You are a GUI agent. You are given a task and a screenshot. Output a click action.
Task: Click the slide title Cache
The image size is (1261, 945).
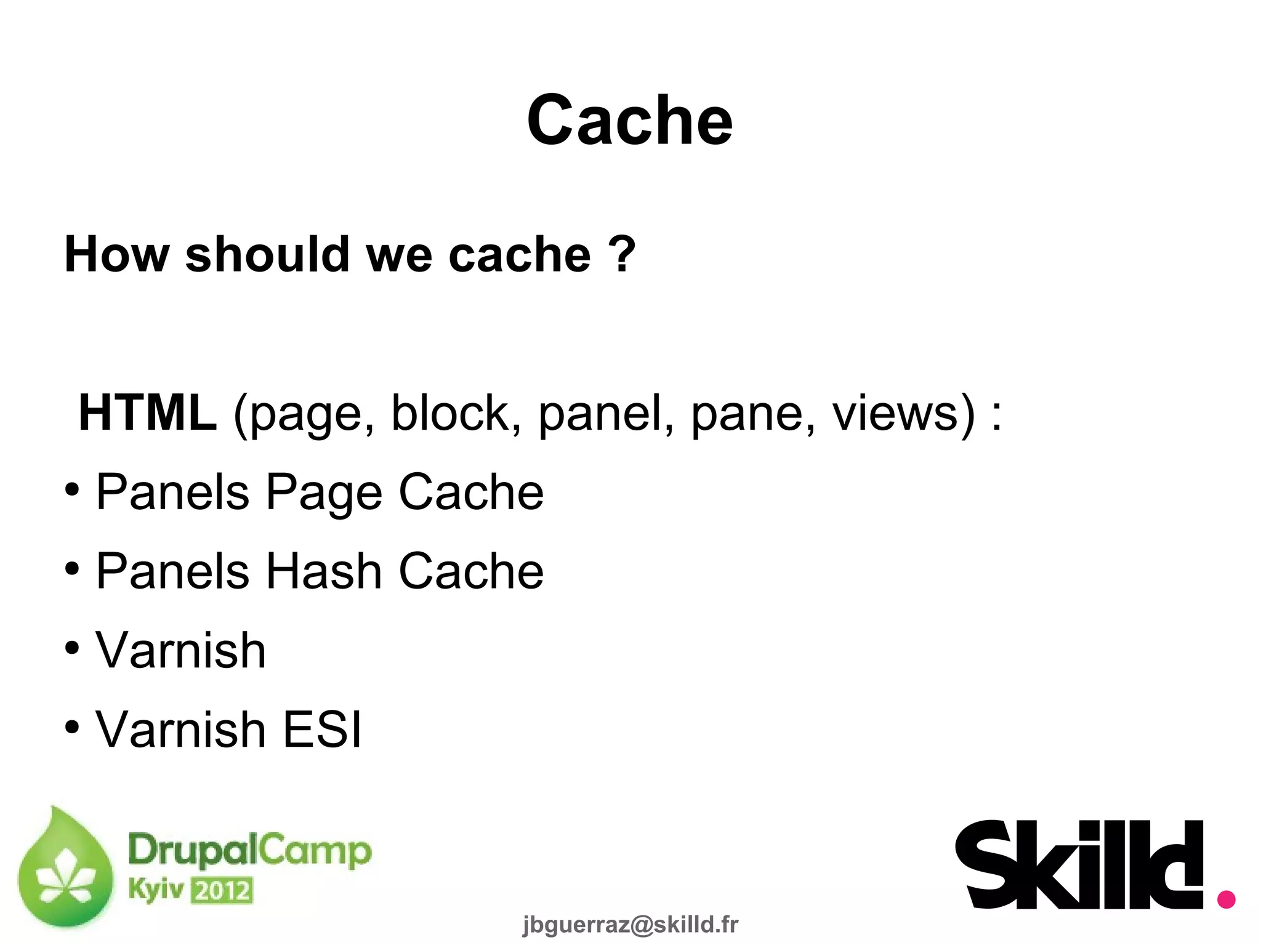tap(629, 121)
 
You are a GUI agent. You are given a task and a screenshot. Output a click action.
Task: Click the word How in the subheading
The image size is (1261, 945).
tap(116, 254)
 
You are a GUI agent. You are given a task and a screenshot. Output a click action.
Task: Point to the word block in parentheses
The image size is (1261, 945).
tap(456, 413)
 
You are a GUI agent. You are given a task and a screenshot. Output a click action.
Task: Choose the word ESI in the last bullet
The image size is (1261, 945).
tap(321, 730)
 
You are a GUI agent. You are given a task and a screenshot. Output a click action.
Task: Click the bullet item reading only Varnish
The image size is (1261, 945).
tap(180, 651)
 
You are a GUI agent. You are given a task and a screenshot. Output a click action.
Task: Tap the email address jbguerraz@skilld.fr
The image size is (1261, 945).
tap(630, 924)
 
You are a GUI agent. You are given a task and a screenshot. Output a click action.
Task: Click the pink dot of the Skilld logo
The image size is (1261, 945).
tap(1226, 899)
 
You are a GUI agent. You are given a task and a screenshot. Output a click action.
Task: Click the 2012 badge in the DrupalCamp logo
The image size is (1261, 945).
tap(222, 891)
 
